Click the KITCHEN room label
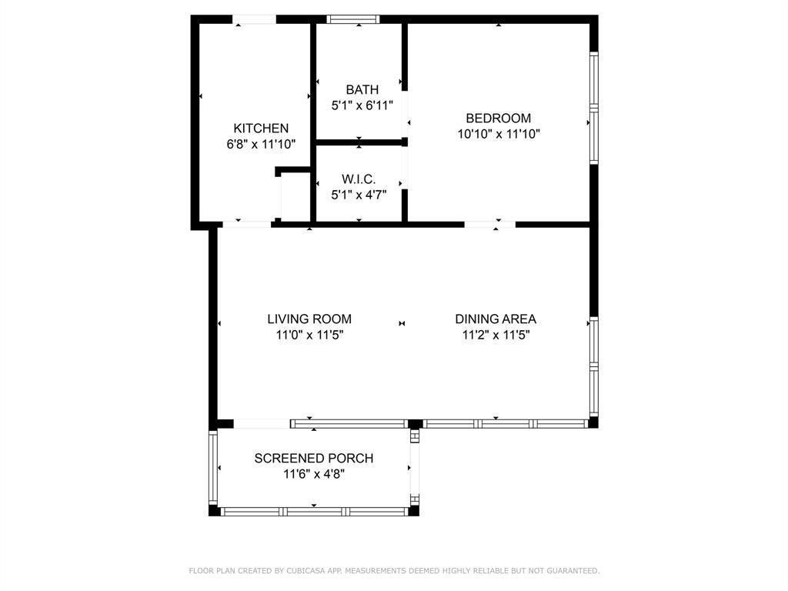261,129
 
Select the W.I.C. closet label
359,179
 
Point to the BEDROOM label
498,119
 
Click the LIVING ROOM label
309,319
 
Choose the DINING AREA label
496,319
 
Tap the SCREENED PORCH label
314,459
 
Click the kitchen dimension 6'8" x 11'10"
261,144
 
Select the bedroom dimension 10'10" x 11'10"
498,134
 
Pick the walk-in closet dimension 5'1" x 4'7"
359,195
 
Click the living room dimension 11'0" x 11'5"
309,335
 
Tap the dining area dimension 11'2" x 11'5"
496,335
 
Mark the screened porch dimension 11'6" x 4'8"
314,474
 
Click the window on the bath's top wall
353,19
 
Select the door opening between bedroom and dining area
489,225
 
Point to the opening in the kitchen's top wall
255,19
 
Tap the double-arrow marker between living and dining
402,324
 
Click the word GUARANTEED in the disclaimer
573,571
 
